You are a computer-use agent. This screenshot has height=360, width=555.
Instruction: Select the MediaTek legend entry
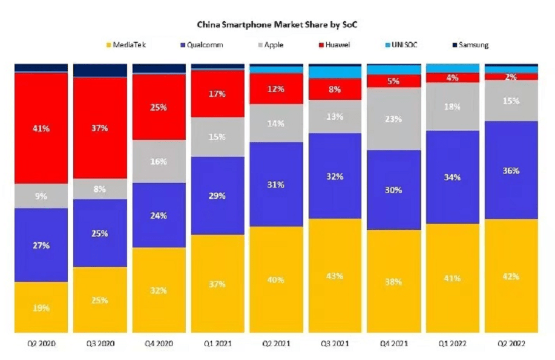128,45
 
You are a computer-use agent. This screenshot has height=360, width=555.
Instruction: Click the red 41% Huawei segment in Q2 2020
41,128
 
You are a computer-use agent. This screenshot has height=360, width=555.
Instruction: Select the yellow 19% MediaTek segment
41,307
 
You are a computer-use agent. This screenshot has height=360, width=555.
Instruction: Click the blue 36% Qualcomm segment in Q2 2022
511,170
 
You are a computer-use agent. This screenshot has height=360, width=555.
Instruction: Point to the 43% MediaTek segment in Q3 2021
335,275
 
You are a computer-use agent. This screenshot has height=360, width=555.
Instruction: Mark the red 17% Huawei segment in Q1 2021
218,94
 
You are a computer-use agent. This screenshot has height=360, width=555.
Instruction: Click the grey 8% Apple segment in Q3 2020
100,189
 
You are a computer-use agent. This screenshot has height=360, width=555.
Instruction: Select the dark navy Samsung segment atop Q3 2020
100,70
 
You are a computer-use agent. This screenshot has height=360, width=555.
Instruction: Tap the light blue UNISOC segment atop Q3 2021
335,72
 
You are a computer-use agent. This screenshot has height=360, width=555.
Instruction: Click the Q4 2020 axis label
159,343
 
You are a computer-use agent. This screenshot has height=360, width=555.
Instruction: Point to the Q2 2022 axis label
511,343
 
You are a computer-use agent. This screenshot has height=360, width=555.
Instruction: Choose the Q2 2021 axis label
277,343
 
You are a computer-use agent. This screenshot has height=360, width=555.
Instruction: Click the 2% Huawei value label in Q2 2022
511,77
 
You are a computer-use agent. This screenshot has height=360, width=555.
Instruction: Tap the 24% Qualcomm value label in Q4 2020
159,215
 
